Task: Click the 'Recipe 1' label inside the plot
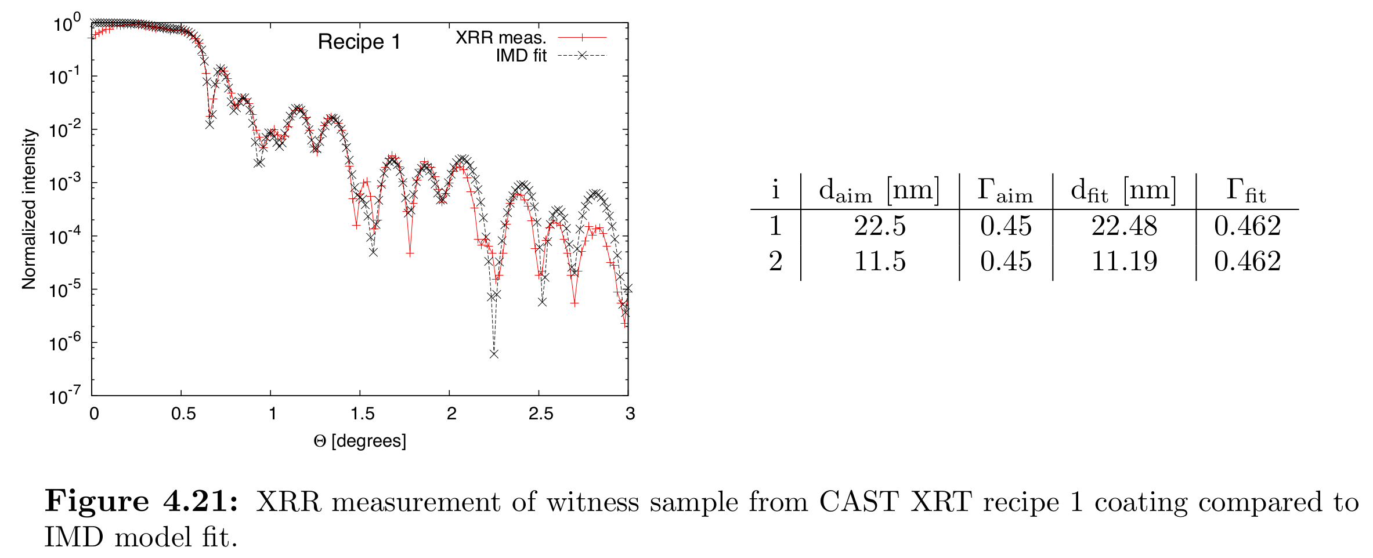(x=359, y=42)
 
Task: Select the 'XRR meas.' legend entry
(x=501, y=38)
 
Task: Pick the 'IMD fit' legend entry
(x=521, y=56)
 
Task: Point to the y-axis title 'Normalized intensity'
(x=29, y=209)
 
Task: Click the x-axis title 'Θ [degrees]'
(x=360, y=441)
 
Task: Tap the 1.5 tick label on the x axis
(x=362, y=414)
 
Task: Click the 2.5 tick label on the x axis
(x=541, y=414)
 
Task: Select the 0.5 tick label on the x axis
(x=183, y=414)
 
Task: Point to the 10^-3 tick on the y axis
(x=66, y=183)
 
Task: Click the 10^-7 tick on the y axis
(x=66, y=396)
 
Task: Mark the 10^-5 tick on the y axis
(x=66, y=289)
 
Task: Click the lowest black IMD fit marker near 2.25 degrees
(x=494, y=353)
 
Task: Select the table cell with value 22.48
(x=1124, y=226)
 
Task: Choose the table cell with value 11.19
(x=1124, y=261)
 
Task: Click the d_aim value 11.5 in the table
(x=880, y=261)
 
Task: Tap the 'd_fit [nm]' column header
(x=1123, y=190)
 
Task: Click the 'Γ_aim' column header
(x=1005, y=190)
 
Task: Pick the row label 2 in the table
(x=776, y=261)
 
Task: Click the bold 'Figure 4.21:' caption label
(x=142, y=501)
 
